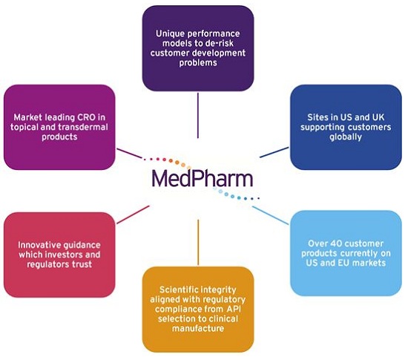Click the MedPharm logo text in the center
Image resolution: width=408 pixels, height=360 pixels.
click(203, 179)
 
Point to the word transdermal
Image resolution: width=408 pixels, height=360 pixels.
click(83, 127)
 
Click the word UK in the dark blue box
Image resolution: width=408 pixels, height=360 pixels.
click(378, 117)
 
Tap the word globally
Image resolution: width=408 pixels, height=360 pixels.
click(346, 137)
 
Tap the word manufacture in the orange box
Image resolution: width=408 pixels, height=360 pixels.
click(198, 328)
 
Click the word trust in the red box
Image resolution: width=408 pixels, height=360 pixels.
click(82, 264)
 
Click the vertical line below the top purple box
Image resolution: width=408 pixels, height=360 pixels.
click(198, 115)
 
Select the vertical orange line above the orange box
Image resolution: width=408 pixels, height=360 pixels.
click(198, 242)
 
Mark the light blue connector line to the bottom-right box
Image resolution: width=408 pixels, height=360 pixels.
click(270, 215)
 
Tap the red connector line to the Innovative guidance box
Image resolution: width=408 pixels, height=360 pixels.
click(134, 215)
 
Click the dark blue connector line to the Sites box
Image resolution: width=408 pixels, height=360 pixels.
click(274, 152)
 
